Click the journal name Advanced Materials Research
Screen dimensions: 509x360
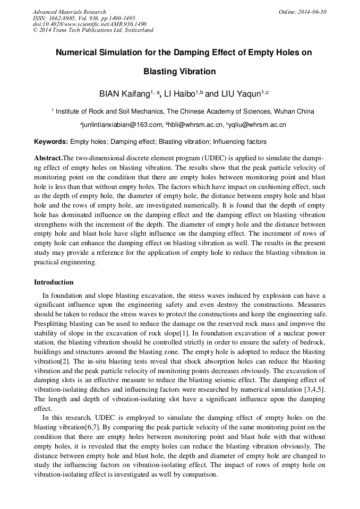coord(69,12)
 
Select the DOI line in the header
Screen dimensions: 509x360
coord(89,24)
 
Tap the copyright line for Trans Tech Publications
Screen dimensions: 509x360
coord(93,30)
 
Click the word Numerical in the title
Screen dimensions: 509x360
coord(79,53)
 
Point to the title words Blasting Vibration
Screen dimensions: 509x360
coord(180,72)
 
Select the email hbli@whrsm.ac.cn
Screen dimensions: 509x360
coord(194,125)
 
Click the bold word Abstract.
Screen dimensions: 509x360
coord(47,159)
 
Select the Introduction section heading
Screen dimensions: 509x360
coord(54,282)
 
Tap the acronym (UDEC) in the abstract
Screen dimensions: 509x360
coord(213,159)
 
